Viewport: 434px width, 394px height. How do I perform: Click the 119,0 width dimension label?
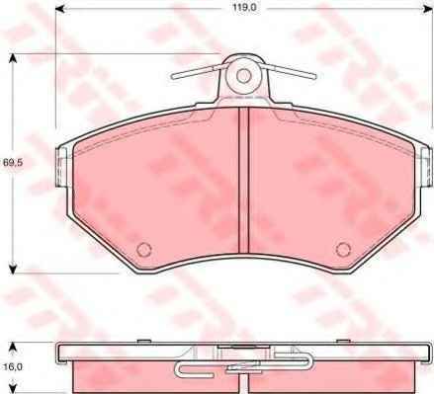(x=244, y=8)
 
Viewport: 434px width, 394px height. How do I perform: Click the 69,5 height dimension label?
(x=12, y=162)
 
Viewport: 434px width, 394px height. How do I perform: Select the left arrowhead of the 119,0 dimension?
(x=59, y=8)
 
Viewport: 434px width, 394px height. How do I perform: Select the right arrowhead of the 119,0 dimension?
(x=428, y=8)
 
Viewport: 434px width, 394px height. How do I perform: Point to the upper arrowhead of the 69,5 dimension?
(x=13, y=58)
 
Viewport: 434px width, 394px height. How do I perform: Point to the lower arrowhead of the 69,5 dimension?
(x=13, y=269)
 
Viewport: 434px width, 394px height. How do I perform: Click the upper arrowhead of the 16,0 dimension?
(x=13, y=347)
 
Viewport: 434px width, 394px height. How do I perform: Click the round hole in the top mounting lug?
(x=243, y=76)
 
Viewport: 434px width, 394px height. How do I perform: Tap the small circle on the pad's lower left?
(x=143, y=249)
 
